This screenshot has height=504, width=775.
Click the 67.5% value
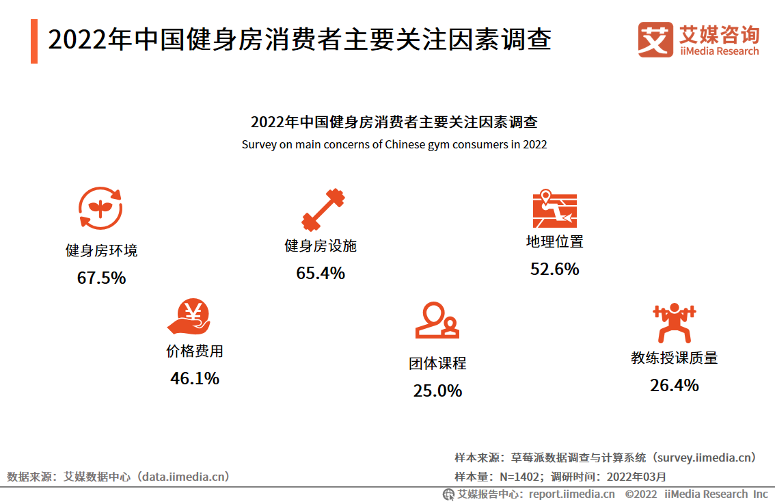(x=101, y=278)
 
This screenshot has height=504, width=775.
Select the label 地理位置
(x=554, y=241)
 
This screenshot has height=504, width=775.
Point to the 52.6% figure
(x=554, y=269)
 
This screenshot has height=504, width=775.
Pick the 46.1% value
(x=195, y=378)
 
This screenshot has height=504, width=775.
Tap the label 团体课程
(x=437, y=363)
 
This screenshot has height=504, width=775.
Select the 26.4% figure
(x=674, y=386)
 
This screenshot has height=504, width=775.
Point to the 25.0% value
(x=437, y=391)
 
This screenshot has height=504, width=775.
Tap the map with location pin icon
(x=554, y=209)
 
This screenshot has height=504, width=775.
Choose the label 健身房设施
(x=321, y=246)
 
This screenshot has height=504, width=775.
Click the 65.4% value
(x=321, y=274)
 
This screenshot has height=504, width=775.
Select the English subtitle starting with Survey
(x=394, y=145)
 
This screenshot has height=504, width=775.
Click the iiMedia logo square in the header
(x=655, y=40)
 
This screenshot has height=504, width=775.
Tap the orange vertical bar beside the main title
(x=34, y=42)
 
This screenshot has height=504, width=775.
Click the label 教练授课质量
(x=674, y=358)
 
